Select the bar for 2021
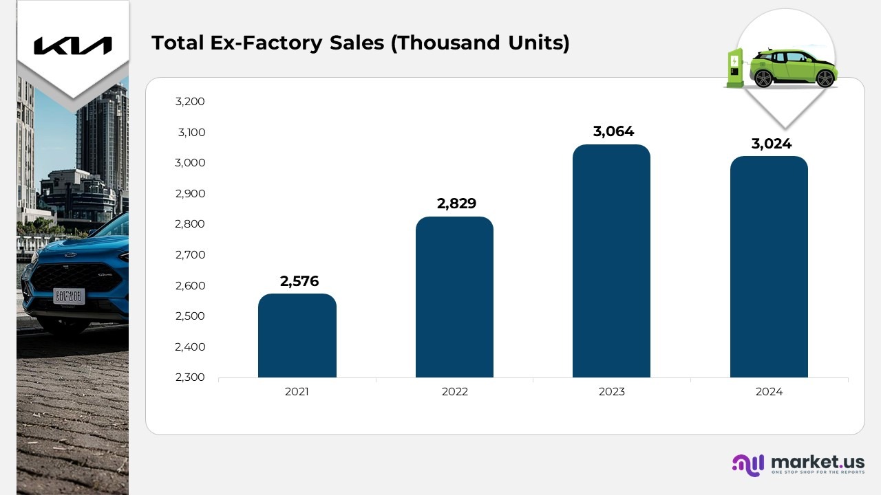point(297,337)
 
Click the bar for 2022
point(454,299)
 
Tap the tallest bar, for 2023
point(611,261)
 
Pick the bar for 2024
point(769,268)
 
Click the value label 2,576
point(299,280)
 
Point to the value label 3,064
point(614,131)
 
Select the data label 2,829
point(456,203)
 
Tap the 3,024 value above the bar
point(772,144)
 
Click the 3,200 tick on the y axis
point(190,102)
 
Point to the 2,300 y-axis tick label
point(190,377)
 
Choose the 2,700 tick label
point(190,255)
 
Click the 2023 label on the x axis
point(611,392)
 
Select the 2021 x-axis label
point(297,392)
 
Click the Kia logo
point(73,45)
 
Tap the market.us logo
point(798,464)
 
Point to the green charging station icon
point(734,67)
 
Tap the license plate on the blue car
point(69,296)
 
